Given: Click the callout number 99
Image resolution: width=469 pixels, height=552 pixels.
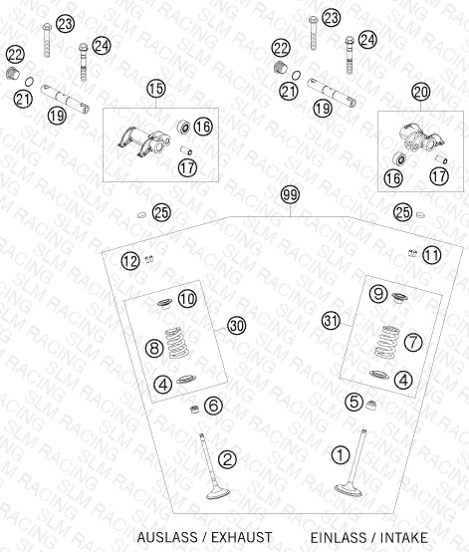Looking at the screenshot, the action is (x=291, y=194).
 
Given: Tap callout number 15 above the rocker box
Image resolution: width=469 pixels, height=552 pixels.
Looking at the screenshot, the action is (x=156, y=89).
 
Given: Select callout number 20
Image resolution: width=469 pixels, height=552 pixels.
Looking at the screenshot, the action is (x=421, y=93).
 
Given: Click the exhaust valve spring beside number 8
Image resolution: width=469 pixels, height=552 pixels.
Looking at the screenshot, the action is (x=177, y=343).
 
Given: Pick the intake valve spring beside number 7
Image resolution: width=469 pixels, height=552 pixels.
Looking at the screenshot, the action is (x=387, y=342).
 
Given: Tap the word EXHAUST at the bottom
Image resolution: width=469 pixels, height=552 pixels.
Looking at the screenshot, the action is (x=241, y=538).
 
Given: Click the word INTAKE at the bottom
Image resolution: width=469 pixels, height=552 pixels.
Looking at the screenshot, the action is (x=404, y=538).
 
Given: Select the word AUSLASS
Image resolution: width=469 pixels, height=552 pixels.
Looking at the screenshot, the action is (x=167, y=538).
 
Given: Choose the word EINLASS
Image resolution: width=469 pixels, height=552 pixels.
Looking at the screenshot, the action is (x=339, y=538).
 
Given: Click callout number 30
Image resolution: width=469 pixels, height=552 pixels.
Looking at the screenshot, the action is (x=236, y=326).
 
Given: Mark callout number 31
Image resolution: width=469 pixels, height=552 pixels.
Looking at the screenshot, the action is (x=331, y=321).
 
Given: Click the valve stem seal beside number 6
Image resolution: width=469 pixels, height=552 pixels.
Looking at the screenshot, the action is (x=194, y=410).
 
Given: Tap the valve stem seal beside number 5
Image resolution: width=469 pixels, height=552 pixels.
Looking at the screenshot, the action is (x=370, y=405).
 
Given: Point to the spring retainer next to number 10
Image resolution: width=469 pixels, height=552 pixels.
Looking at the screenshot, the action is (x=164, y=303).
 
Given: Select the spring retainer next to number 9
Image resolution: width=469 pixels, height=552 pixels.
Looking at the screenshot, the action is (x=399, y=298).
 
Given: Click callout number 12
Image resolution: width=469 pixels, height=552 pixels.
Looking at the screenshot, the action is (x=130, y=261).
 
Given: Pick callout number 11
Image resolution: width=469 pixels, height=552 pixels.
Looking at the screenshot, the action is (x=432, y=255).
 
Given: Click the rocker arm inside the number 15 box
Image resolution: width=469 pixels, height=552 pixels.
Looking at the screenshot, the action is (x=143, y=141).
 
